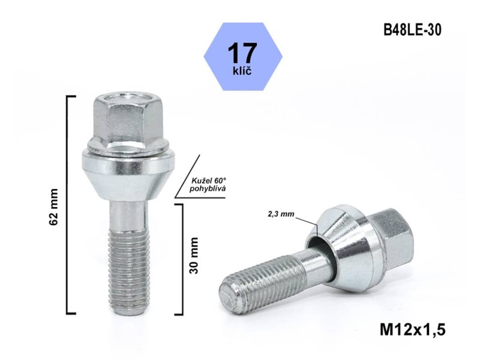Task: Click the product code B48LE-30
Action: pyautogui.click(x=412, y=30)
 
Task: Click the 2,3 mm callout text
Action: pyautogui.click(x=281, y=214)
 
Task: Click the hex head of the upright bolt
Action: pyautogui.click(x=127, y=120)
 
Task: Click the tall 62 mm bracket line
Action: pyautogui.click(x=68, y=204)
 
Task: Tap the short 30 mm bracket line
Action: pyautogui.click(x=181, y=258)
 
